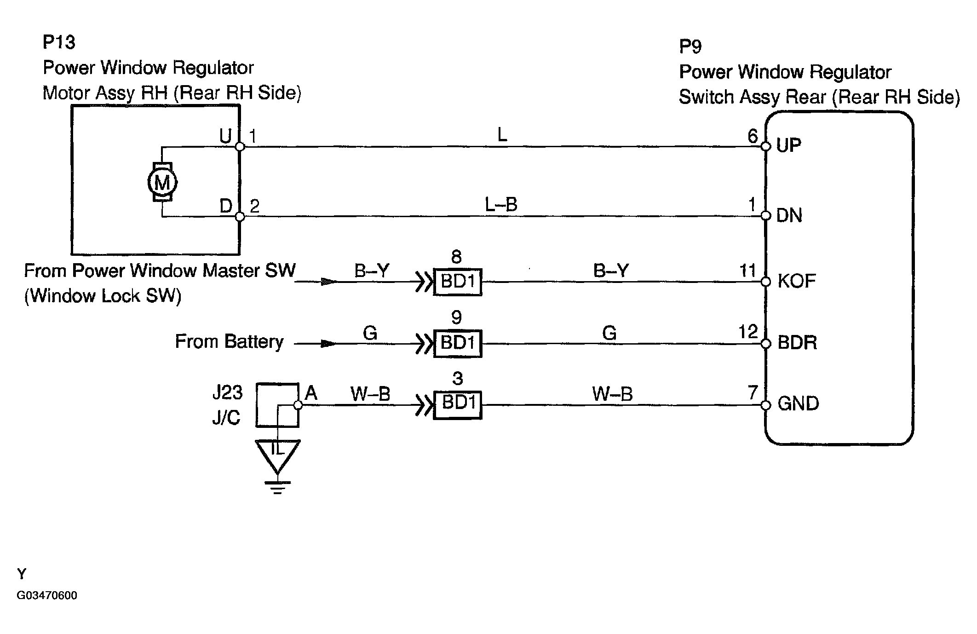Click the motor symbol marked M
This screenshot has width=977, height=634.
[162, 182]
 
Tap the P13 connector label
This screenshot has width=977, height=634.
[58, 42]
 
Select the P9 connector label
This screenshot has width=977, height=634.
[690, 46]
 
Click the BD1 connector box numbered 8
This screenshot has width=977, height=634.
[458, 282]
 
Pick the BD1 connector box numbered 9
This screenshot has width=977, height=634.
[458, 343]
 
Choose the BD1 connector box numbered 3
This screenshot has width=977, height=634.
[458, 405]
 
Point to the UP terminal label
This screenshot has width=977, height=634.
[788, 145]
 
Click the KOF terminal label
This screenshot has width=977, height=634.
[797, 281]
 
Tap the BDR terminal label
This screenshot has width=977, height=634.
[797, 343]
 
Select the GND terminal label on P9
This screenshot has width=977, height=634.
[798, 403]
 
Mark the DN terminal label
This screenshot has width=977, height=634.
[789, 215]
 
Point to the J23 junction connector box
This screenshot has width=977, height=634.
[277, 405]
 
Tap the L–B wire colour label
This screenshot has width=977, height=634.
[501, 204]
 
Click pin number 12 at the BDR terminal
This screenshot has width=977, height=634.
[748, 332]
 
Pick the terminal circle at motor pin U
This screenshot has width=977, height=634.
[240, 147]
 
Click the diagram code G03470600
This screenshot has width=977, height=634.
[47, 595]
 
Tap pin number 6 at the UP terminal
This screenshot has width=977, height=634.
[753, 136]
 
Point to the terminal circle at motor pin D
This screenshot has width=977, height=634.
[240, 216]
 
